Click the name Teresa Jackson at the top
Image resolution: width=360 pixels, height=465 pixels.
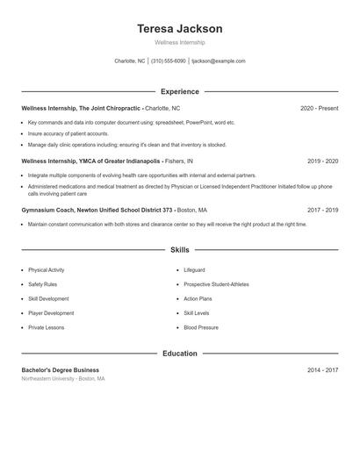(180, 28)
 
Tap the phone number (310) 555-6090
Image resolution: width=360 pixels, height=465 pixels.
(169, 61)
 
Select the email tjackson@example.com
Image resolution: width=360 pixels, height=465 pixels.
(219, 61)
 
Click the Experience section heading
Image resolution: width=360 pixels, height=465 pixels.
(180, 91)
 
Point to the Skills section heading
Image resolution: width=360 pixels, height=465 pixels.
(180, 250)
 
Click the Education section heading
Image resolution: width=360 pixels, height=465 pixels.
(180, 354)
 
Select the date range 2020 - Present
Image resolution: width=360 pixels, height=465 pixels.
(319, 108)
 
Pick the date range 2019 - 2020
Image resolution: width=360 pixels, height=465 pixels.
(322, 161)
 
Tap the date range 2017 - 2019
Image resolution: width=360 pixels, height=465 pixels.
(322, 211)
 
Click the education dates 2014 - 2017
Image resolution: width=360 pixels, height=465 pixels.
(322, 370)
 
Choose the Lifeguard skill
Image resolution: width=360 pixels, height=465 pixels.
(194, 270)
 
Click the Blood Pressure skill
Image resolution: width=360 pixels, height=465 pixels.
(201, 327)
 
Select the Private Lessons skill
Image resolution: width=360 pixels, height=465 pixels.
(47, 327)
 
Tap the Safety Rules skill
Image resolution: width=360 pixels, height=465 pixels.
(43, 284)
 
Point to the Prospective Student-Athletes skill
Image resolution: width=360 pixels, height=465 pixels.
(216, 284)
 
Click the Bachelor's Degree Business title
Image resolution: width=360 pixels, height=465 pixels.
(61, 370)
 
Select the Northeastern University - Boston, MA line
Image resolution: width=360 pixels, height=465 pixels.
(63, 379)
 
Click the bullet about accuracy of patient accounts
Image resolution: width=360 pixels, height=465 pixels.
(68, 133)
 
